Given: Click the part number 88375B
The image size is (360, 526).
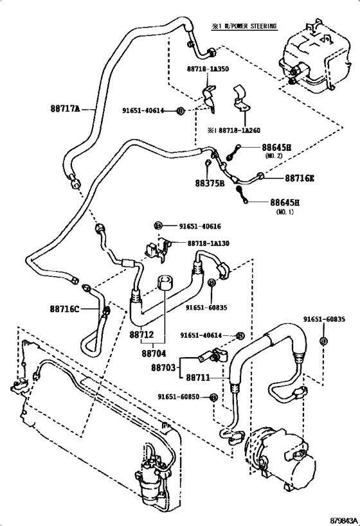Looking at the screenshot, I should pos(210,183).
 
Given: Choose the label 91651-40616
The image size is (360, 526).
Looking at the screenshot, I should pos(200,226).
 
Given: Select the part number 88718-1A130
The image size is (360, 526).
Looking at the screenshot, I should pos(212,244).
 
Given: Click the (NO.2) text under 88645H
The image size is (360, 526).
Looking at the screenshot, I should pos(278,155).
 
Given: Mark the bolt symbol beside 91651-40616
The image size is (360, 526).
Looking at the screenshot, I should pos(157,226).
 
